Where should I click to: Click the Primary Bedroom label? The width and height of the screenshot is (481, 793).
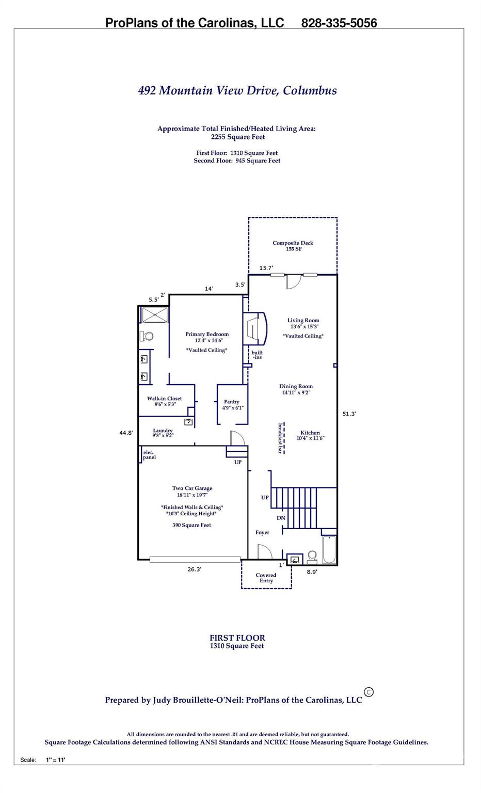(206, 335)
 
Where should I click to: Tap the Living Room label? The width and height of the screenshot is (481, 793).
(303, 321)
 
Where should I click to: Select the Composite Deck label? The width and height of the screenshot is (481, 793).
(293, 243)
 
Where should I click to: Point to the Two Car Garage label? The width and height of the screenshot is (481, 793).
(192, 488)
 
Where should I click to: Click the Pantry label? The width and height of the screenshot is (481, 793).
(231, 402)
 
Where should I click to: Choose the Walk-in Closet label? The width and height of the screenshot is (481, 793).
(164, 399)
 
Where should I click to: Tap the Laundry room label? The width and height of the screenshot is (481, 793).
(163, 431)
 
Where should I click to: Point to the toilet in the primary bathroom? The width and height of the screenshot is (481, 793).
(147, 337)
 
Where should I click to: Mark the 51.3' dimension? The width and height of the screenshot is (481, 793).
(349, 414)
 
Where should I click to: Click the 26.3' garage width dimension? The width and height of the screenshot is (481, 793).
(194, 569)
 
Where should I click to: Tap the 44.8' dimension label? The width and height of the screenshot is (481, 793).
(126, 433)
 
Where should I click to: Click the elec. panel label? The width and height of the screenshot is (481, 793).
(149, 455)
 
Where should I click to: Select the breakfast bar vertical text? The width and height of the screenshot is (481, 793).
(281, 438)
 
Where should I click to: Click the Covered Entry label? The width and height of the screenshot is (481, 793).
(266, 578)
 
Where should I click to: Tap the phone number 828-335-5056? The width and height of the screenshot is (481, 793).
(339, 23)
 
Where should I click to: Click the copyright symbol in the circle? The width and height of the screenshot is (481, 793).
(368, 692)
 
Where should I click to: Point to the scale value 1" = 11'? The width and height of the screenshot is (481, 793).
(55, 760)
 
